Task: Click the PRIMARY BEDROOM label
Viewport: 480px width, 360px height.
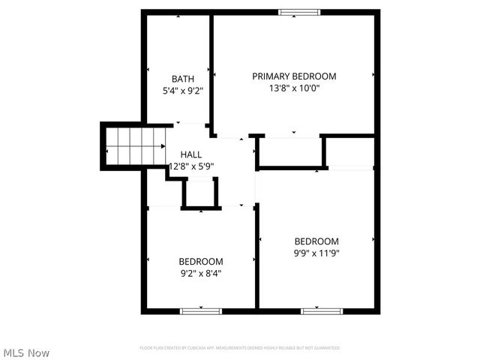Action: coord(294,76)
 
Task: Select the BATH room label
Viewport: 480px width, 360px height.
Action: coord(183,79)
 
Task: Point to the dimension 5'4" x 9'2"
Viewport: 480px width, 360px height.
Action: coord(183,91)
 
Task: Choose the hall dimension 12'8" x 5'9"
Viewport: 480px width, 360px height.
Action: coord(191,166)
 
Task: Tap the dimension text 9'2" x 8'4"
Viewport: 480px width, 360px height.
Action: coord(200,274)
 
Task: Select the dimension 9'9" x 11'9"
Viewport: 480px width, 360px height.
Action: coord(316,253)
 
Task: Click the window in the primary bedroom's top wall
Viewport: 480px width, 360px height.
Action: coord(298,11)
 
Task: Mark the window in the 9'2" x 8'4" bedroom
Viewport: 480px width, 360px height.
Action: coord(200,310)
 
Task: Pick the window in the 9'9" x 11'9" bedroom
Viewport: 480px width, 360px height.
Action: coord(322,310)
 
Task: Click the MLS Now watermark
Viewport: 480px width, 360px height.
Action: coord(26,352)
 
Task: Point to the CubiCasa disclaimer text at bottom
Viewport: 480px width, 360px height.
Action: coord(240,348)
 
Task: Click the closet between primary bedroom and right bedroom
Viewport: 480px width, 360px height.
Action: coord(289,152)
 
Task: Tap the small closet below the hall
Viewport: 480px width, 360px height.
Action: coord(200,193)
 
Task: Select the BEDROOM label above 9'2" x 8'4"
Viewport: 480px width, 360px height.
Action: coord(200,261)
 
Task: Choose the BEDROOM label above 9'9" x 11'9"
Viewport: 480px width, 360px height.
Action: coord(316,241)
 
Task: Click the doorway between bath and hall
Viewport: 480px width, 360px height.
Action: coord(191,124)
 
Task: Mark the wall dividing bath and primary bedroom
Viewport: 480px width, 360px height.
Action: coord(211,71)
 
